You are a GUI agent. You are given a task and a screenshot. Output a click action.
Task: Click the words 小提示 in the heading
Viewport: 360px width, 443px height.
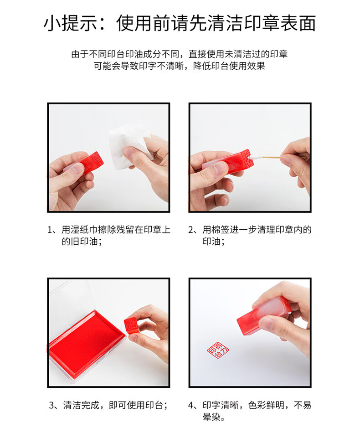pos(70,23)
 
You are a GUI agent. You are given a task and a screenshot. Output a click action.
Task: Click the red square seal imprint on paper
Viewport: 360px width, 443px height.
pos(218,350)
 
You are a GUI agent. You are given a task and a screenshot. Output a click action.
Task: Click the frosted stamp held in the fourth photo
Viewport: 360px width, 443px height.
pos(264,315)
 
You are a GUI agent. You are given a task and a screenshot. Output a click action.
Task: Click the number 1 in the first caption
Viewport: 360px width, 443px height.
pos(50,230)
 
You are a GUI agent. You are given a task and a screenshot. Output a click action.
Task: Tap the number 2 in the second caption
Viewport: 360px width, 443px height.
pos(191,230)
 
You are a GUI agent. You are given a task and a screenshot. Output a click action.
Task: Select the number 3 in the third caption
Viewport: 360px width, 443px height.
pos(51,406)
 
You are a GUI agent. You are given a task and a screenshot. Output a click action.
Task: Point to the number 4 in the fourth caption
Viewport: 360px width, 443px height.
pos(191,406)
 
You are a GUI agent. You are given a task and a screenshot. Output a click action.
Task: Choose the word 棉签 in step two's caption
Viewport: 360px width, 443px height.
pos(221,230)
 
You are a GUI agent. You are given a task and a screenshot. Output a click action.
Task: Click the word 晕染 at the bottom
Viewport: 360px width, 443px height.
pos(211,417)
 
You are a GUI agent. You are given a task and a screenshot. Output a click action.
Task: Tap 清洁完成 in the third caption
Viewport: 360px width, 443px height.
pos(82,406)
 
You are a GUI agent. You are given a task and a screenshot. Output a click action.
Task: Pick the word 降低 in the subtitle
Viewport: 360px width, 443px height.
pos(202,66)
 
